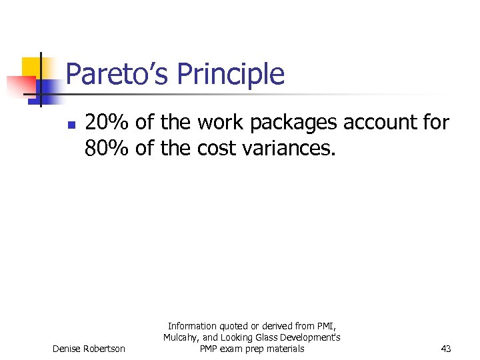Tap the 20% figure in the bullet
pyautogui.click(x=107, y=123)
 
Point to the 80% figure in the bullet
pyautogui.click(x=107, y=147)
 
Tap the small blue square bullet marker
pyautogui.click(x=71, y=124)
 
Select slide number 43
pyautogui.click(x=446, y=349)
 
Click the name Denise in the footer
pyautogui.click(x=67, y=349)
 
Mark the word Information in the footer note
pyautogui.click(x=192, y=326)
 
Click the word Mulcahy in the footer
pyautogui.click(x=181, y=337)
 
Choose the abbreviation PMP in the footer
pyautogui.click(x=209, y=349)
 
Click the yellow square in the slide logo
pyautogui.click(x=31, y=67)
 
